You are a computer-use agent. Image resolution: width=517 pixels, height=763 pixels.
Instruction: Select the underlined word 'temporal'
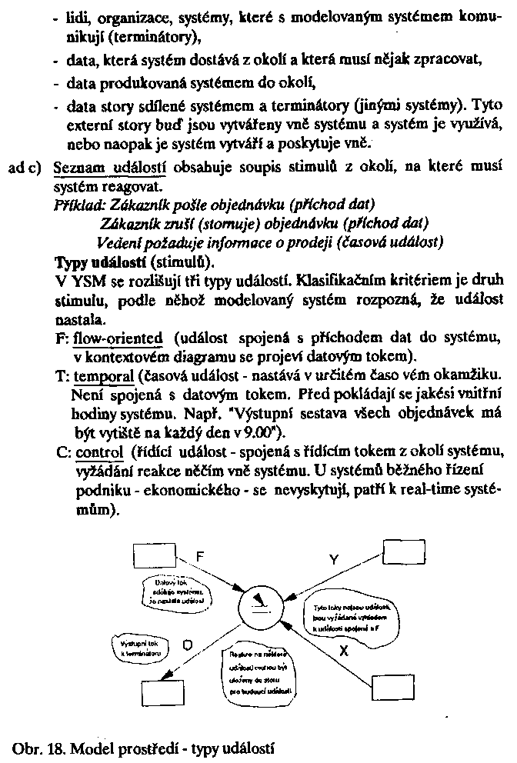pyautogui.click(x=105, y=375)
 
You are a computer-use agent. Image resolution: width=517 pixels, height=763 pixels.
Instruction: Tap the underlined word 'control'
pyautogui.click(x=99, y=450)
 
